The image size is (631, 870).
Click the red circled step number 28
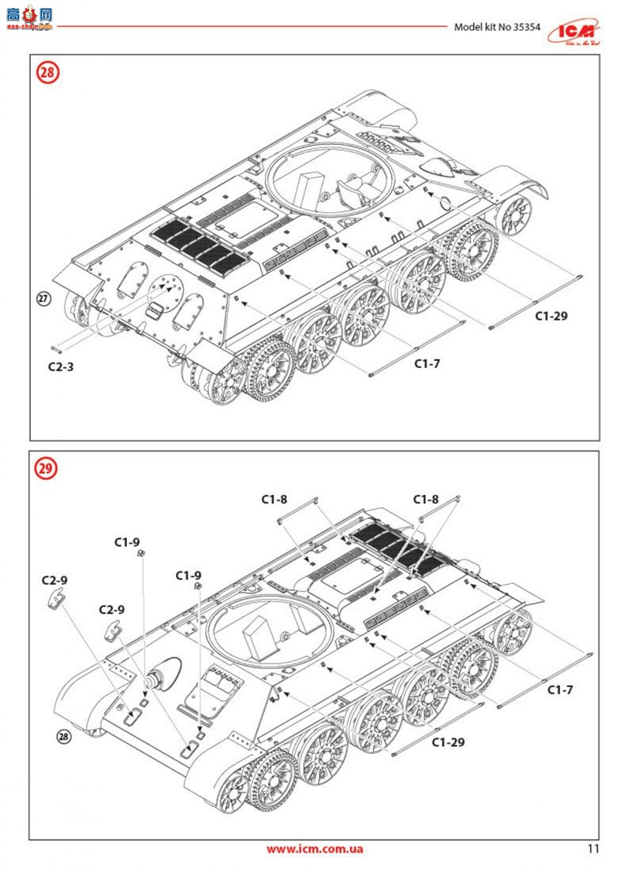click(48, 72)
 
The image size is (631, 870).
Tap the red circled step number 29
click(47, 468)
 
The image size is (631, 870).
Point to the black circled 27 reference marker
click(44, 298)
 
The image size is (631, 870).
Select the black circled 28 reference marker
click(65, 737)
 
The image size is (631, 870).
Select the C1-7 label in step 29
click(560, 690)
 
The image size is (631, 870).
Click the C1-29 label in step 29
click(448, 742)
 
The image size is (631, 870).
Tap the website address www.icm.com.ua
click(314, 849)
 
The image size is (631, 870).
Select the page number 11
click(593, 849)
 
